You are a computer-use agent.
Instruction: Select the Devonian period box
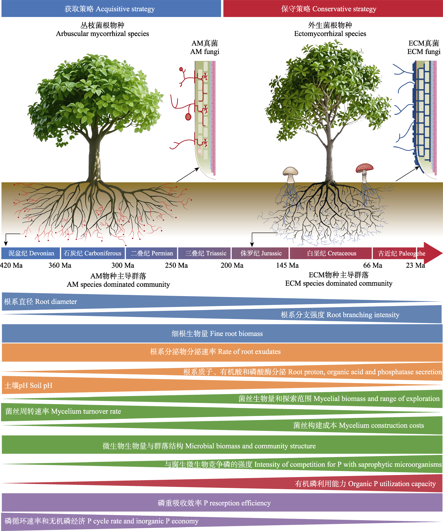31,253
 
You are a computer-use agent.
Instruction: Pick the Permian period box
151,253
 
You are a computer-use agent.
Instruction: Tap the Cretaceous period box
331,253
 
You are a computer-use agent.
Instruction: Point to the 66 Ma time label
373,265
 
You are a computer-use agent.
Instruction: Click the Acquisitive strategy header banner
111,9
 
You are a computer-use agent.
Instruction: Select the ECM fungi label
424,47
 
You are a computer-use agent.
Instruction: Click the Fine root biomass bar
222,334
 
